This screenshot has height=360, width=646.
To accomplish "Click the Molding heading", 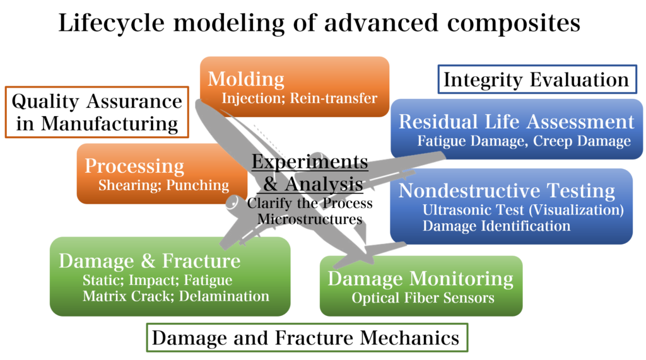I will click(246, 79).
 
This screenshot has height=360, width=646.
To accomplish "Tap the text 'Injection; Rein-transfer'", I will click(299, 98).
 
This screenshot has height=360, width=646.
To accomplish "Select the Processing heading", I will click(134, 166).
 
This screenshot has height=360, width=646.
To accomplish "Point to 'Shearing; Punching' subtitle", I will click(163, 185).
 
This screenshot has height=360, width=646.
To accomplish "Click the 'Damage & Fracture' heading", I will click(150, 261).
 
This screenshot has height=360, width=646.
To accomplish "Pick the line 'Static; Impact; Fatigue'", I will click(157, 280).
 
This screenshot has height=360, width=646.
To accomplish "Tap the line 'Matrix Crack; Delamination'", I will click(175, 296).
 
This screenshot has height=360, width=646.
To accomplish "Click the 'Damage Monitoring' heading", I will click(420, 278).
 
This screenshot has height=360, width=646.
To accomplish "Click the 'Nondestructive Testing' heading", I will click(507, 190).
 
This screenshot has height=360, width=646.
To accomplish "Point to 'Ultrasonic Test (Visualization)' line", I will click(523, 210).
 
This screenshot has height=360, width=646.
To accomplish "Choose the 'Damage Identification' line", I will click(496, 226).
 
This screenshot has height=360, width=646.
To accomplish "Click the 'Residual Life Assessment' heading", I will click(516, 121).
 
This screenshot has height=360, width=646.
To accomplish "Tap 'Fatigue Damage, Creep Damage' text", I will click(524, 141).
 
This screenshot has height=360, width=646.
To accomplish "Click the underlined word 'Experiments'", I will click(309, 162).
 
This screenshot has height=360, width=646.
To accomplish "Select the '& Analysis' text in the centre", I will click(313, 184).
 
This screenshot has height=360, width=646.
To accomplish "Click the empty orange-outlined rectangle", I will click(97, 112).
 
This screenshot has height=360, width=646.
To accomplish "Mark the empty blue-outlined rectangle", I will click(537, 79).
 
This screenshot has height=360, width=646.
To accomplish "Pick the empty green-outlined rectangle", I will click(307, 337).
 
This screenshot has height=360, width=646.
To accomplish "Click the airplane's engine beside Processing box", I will click(234, 202).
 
